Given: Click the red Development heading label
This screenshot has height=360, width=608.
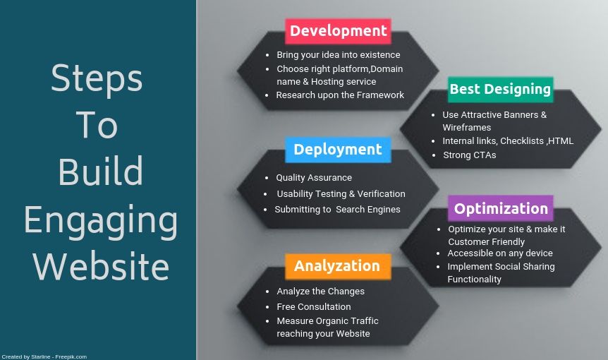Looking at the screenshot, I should point(338,31).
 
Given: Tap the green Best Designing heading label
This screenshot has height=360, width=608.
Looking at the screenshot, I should point(500,89).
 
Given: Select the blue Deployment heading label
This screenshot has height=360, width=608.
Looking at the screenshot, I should point(338,150).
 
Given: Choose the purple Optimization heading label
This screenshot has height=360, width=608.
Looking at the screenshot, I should point(501,208).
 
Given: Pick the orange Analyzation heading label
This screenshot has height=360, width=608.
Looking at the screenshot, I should point(337,266).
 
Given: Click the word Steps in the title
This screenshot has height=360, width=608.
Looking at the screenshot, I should point(97,78).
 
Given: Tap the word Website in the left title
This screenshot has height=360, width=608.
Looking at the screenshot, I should point(101,267).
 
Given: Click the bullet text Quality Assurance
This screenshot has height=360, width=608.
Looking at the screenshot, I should point(314,178).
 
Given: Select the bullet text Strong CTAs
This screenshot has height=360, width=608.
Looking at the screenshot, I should point(469,155).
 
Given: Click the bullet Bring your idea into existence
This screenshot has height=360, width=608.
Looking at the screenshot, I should point(338,55).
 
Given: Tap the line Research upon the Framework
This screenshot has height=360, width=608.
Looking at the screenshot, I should point(340,95).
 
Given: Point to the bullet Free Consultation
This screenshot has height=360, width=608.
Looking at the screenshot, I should point(313,307).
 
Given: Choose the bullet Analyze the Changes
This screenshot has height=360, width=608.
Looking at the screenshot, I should point(320,292).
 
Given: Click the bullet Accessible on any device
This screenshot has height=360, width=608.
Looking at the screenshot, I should point(499,253).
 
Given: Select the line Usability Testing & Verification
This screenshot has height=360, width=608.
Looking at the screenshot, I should point(341,194).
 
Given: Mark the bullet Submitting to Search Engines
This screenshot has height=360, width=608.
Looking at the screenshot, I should point(337,210).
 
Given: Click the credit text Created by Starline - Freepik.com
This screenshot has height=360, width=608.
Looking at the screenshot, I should point(44,356).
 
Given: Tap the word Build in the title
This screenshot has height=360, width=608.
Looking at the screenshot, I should point(100,172).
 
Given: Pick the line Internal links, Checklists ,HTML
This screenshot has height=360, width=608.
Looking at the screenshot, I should point(508,141).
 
